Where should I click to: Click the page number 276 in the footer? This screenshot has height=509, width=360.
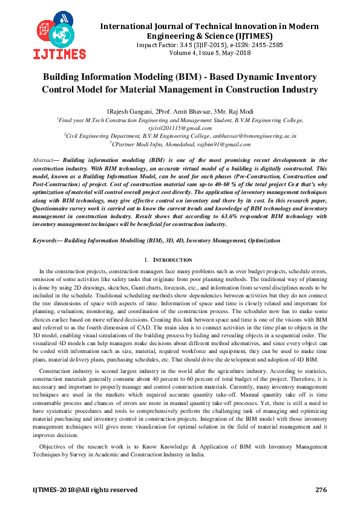click(x=321, y=489)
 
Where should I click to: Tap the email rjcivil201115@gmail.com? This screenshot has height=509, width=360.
click(x=180, y=128)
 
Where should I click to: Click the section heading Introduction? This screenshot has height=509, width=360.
click(x=182, y=259)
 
